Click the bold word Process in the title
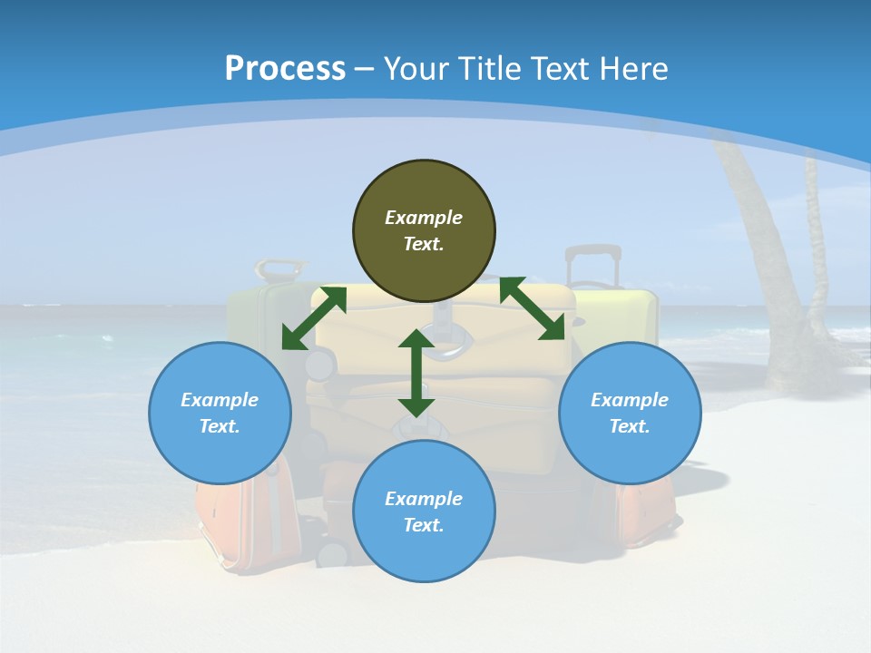point(285,69)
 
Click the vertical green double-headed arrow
point(416,374)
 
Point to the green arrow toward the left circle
point(314,318)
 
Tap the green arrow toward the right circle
point(533,308)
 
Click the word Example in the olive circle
point(424,218)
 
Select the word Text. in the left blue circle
point(220,426)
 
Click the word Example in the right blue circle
point(630,400)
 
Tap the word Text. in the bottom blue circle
point(424,525)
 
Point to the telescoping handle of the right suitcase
point(593,263)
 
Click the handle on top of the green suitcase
point(279,268)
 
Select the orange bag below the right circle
point(646,512)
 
